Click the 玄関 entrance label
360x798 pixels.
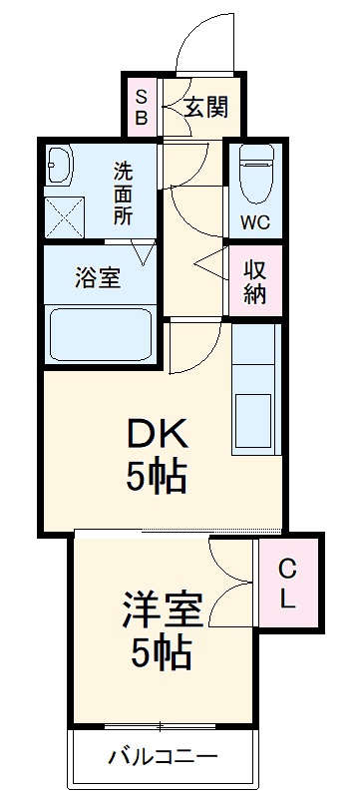pos(206,107)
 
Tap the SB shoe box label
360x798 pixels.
pos(142,107)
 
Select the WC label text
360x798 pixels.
pos(255,221)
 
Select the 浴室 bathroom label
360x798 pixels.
pos(98,277)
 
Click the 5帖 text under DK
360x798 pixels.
pos(157,479)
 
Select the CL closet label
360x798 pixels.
pos(287,586)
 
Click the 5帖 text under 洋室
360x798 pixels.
pos(162,655)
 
